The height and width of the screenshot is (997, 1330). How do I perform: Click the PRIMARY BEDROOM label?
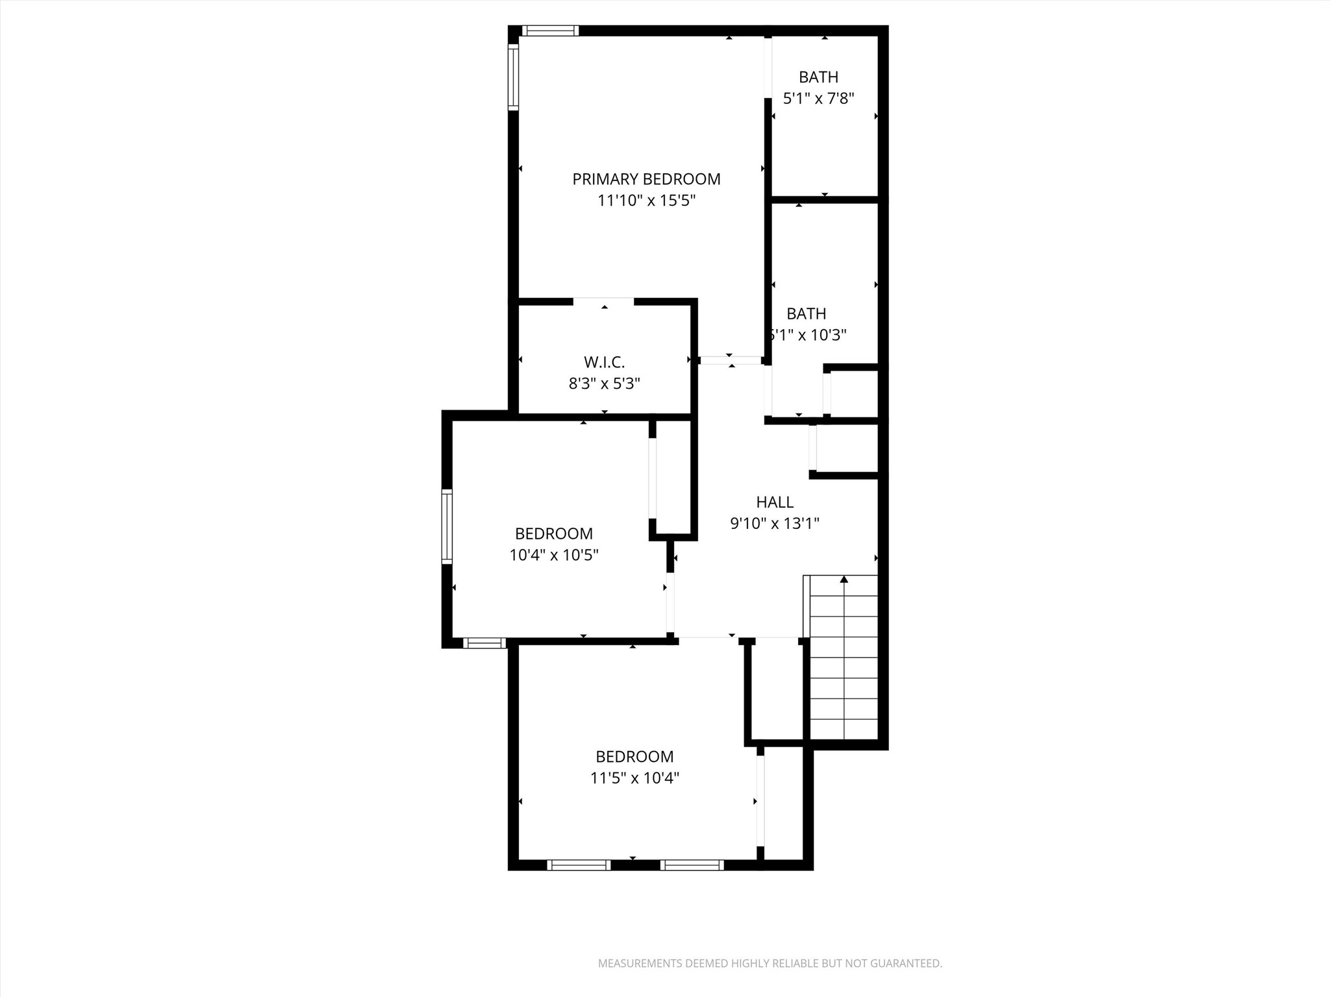point(646,179)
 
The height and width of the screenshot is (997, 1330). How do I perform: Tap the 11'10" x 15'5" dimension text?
point(646,201)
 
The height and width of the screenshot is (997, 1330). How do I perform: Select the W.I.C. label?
point(604,362)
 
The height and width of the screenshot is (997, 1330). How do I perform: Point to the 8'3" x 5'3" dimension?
point(604,384)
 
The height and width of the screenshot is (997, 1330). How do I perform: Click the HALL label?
point(775,502)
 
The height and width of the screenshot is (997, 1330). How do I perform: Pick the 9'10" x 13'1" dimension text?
point(775,523)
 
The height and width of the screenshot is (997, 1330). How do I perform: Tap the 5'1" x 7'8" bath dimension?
point(818,99)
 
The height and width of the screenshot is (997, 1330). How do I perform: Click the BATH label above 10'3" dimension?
point(807,314)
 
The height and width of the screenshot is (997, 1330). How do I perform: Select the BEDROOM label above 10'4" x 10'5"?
point(554,534)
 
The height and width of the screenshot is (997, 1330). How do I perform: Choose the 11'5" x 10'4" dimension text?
point(634,778)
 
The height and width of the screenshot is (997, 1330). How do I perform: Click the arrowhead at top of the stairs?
point(844,579)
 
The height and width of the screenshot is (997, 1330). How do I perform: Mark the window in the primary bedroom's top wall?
point(550,31)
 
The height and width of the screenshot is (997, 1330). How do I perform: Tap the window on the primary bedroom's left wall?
point(513,77)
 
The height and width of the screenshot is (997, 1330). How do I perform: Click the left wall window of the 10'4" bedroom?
point(447,526)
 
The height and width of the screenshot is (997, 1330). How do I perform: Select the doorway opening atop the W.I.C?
point(603,301)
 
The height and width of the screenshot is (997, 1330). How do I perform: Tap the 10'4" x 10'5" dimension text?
point(554,555)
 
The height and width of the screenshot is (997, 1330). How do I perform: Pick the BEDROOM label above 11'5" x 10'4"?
point(634,757)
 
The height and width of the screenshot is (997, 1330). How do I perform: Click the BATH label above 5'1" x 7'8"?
point(818,77)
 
